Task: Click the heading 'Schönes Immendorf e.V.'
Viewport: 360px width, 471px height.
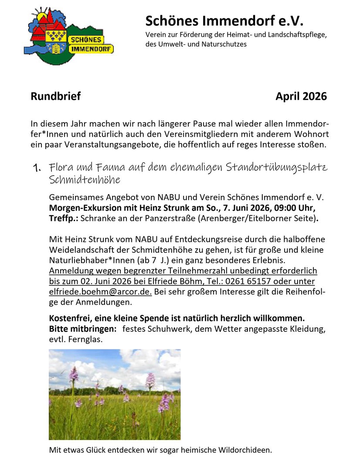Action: pyautogui.click(x=224, y=20)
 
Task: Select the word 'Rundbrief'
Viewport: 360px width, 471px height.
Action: pyautogui.click(x=55, y=96)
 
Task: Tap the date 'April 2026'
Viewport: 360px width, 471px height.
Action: pyautogui.click(x=301, y=96)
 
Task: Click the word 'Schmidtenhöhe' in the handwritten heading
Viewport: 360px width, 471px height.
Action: pyautogui.click(x=85, y=180)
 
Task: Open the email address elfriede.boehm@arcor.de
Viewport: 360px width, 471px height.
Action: pyautogui.click(x=100, y=292)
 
